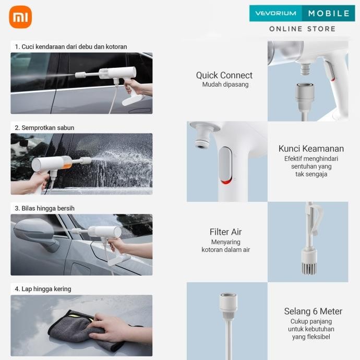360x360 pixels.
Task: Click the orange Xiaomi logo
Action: click(x=20, y=17)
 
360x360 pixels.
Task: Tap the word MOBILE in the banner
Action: click(x=329, y=14)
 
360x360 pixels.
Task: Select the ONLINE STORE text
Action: click(x=302, y=29)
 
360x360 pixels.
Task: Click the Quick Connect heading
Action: click(x=224, y=75)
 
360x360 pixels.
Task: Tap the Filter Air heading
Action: click(x=225, y=232)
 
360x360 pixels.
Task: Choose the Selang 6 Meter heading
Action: click(x=313, y=311)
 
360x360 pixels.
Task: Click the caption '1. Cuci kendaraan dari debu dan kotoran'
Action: click(x=70, y=46)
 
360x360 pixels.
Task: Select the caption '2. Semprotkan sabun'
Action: click(x=44, y=128)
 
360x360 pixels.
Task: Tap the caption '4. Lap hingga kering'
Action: click(x=43, y=289)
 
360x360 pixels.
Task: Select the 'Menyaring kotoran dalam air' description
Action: click(x=225, y=246)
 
